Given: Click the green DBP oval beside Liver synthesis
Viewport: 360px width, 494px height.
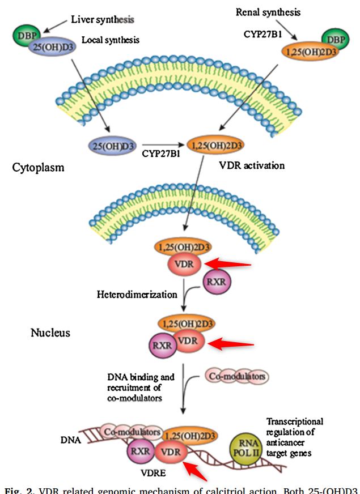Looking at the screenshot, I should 23,36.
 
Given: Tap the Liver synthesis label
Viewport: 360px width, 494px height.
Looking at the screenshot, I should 102,19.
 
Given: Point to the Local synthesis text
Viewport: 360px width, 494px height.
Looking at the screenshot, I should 111,40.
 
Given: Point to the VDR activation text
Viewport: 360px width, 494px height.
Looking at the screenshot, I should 251,166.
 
